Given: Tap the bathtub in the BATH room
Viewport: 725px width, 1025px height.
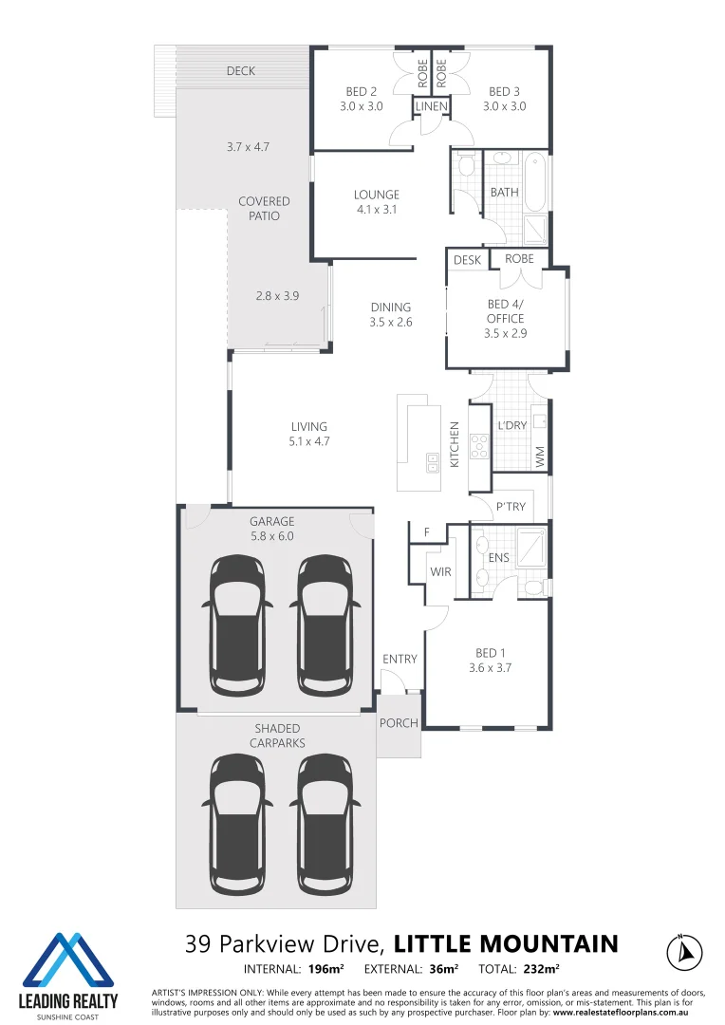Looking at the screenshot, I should coord(534,181).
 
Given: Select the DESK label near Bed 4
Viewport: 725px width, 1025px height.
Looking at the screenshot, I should coord(467,260).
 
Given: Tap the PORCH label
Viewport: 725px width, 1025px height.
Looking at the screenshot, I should coord(399,723).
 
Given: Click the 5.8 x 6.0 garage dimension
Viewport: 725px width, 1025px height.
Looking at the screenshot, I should coord(272,536).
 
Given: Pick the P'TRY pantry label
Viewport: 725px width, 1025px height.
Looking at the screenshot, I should coord(511,507).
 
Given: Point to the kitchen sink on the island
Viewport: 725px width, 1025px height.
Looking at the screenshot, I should coord(433,465).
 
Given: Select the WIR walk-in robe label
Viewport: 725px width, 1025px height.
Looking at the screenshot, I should coord(440,572).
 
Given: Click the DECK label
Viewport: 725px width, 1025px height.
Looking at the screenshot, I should coord(241,71).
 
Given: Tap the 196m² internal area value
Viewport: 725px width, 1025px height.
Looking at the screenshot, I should coord(326,969).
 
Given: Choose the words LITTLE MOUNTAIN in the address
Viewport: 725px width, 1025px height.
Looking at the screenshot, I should coord(506,943).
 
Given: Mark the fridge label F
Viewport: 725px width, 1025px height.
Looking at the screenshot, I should coord(427,532).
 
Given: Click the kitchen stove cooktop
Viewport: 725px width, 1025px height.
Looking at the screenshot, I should coord(480,446).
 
